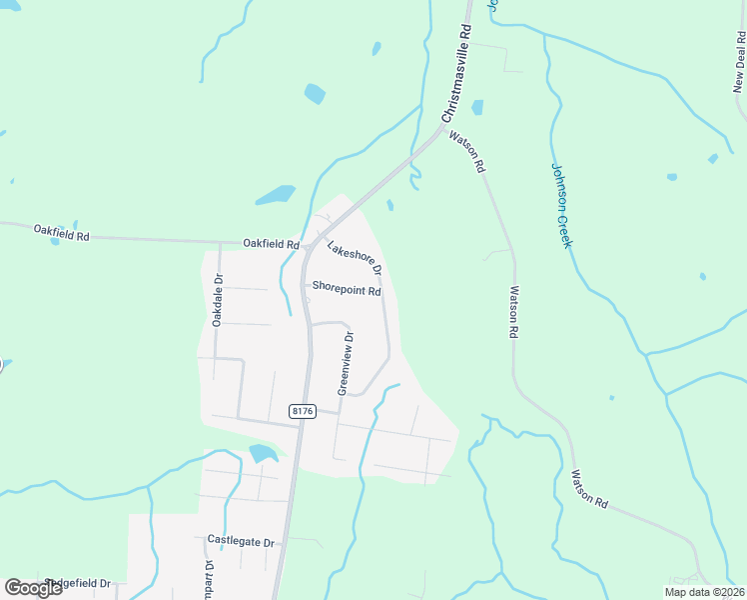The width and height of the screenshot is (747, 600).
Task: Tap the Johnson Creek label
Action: [x=560, y=206]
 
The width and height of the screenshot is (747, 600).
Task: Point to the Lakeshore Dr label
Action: [x=356, y=258]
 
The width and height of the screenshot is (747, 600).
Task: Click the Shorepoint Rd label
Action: [x=347, y=291]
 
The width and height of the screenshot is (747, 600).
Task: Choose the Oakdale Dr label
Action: [x=217, y=300]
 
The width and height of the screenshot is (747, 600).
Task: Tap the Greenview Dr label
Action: [x=346, y=363]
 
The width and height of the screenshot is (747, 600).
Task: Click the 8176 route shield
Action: [x=303, y=411]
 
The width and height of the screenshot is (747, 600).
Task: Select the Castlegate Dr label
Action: [x=241, y=541]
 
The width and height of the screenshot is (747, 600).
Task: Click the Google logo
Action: [x=33, y=588]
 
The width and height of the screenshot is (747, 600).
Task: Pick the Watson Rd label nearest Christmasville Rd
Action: [x=467, y=152]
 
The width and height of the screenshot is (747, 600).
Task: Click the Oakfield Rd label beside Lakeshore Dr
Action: [x=272, y=244]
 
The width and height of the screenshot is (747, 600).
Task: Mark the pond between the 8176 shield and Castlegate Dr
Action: [x=263, y=453]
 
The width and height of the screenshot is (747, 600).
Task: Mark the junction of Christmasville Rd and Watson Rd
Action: [x=442, y=128]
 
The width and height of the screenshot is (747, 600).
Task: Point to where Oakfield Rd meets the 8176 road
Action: [x=304, y=243]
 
